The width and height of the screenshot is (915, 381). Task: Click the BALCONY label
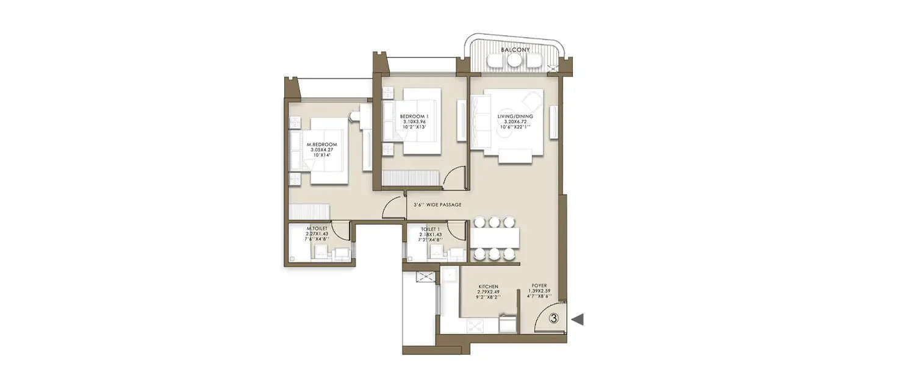[x=515, y=49]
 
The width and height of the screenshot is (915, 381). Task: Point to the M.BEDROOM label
[x=321, y=145]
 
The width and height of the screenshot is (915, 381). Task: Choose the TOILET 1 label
[x=430, y=229]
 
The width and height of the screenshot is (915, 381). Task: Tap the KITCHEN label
[x=489, y=286]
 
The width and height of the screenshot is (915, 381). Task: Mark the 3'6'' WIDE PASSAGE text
[x=437, y=205]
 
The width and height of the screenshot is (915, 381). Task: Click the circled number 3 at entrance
[x=554, y=318]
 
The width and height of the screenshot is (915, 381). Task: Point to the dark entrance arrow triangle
[x=577, y=319]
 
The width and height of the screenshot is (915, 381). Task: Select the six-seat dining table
[x=495, y=238]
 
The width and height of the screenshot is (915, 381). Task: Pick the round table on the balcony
[x=515, y=60]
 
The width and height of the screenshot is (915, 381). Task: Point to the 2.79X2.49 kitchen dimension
[x=489, y=291]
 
